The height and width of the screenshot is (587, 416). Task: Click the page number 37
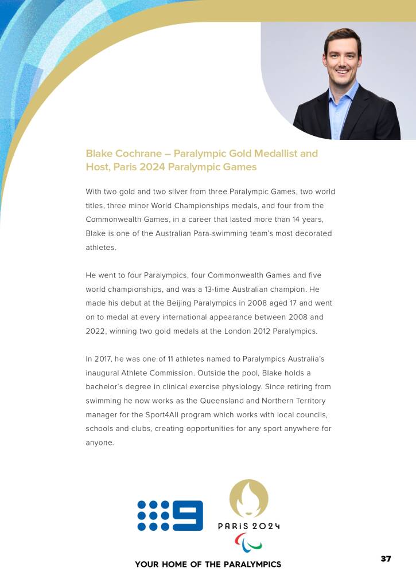(x=386, y=558)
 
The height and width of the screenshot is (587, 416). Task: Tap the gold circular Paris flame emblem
(x=248, y=499)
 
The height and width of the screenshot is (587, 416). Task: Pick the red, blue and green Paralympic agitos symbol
(x=248, y=542)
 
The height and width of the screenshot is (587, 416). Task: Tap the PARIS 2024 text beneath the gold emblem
(x=249, y=526)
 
